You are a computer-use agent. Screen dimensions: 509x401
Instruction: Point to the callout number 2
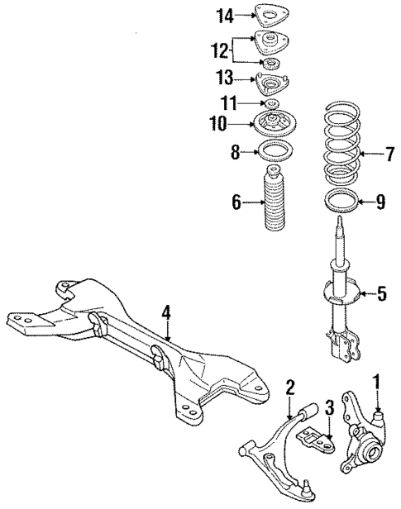[290, 386]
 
